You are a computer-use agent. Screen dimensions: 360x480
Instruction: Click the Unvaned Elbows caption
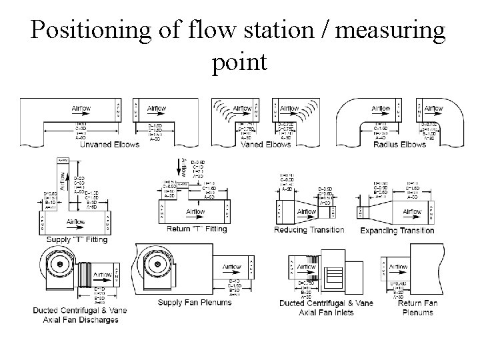(x=109, y=144)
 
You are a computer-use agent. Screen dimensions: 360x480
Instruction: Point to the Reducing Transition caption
(x=309, y=230)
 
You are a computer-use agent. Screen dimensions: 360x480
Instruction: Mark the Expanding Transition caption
(x=397, y=231)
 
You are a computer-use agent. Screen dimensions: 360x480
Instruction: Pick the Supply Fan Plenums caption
(x=195, y=302)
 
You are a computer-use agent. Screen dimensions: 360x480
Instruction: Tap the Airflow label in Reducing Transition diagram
(x=306, y=212)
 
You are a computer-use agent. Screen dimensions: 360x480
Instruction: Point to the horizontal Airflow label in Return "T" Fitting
(x=196, y=211)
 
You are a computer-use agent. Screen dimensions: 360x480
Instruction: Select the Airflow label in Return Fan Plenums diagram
(x=397, y=267)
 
